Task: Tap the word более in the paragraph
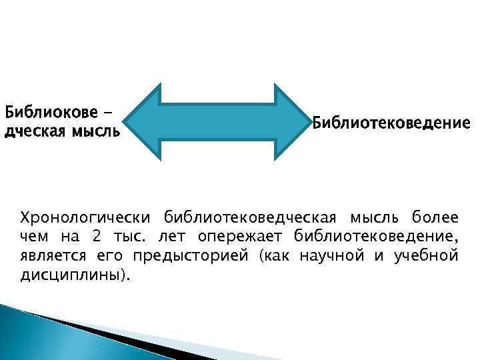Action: click(435, 217)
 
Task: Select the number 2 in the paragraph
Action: click(89, 237)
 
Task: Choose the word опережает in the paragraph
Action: click(241, 237)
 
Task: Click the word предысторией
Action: click(189, 256)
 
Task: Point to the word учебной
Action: click(424, 256)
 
